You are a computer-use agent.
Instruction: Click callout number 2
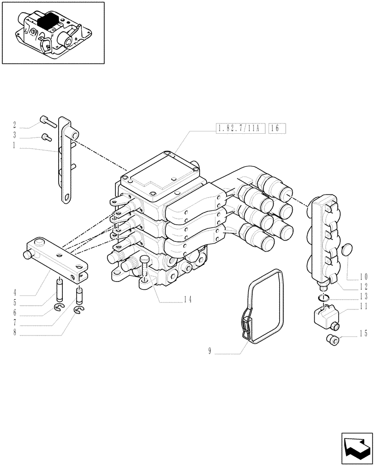(14, 125)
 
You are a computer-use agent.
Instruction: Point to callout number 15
(364, 334)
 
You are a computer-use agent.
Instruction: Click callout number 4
(14, 293)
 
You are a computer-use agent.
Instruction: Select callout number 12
(364, 286)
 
